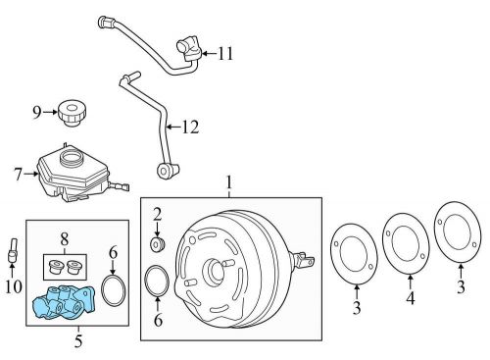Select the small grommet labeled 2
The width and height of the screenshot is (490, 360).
point(157,242)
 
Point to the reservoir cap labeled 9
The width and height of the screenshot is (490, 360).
point(72,112)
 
